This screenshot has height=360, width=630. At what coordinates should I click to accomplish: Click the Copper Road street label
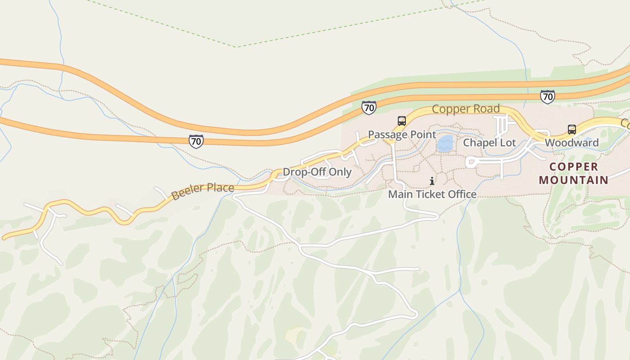coord(466,109)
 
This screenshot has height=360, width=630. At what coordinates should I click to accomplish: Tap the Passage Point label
coord(402,135)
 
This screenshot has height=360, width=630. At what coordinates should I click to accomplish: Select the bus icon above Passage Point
coord(402,121)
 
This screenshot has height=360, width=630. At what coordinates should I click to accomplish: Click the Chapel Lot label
coord(490,143)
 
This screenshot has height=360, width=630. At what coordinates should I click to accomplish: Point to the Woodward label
coord(571,143)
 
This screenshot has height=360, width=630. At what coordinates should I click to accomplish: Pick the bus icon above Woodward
coord(571,130)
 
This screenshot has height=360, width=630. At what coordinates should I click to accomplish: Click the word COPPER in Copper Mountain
coord(574,167)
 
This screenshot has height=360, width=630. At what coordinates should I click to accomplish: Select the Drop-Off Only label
coord(317,172)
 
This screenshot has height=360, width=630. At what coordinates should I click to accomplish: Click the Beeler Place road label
coord(202,191)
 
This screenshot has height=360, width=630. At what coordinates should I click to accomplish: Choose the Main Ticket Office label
coord(432,194)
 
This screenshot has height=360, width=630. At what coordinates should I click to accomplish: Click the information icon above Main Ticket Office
coord(432,181)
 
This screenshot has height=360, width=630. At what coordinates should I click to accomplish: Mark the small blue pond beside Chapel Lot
coord(445,144)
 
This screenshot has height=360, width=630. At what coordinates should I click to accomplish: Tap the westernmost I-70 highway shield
coord(196,141)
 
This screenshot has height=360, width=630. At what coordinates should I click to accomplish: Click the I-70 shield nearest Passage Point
coord(369,108)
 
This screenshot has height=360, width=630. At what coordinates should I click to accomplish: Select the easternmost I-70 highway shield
coord(547,96)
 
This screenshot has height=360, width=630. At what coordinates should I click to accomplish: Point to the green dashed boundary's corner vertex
coord(236,47)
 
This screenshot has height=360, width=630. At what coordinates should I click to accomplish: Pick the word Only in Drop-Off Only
coord(340,172)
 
